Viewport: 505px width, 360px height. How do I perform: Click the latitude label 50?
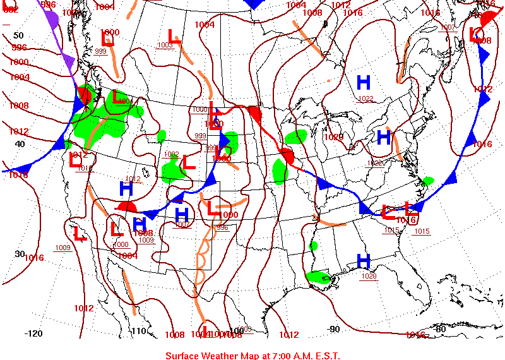(18, 35)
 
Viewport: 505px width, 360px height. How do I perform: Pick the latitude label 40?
(20, 144)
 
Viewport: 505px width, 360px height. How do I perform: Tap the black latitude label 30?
(20, 253)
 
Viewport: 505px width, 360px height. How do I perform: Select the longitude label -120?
(33, 333)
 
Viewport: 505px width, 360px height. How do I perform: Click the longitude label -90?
(333, 329)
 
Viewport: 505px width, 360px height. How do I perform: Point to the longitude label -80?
(439, 329)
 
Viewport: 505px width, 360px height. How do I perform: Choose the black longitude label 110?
(138, 331)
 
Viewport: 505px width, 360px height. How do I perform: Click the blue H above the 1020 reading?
(363, 260)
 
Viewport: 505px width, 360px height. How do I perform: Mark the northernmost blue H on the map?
(364, 82)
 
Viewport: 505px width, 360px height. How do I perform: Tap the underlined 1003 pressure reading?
(165, 45)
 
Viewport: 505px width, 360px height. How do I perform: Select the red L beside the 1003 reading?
(174, 36)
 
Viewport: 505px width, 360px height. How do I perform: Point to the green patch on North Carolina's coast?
(428, 181)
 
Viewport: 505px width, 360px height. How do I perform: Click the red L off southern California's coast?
(80, 234)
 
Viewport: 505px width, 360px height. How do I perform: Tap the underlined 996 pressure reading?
(222, 227)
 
